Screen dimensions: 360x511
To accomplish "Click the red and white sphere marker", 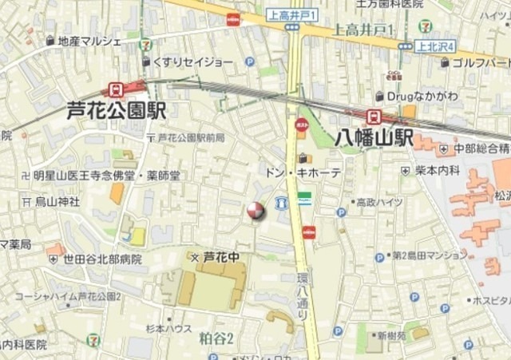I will click(255, 211).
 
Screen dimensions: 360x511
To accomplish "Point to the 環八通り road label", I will click(303, 296).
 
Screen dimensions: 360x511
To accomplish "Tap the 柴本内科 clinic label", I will click(437, 170).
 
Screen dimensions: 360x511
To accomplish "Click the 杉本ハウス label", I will click(168, 328).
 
